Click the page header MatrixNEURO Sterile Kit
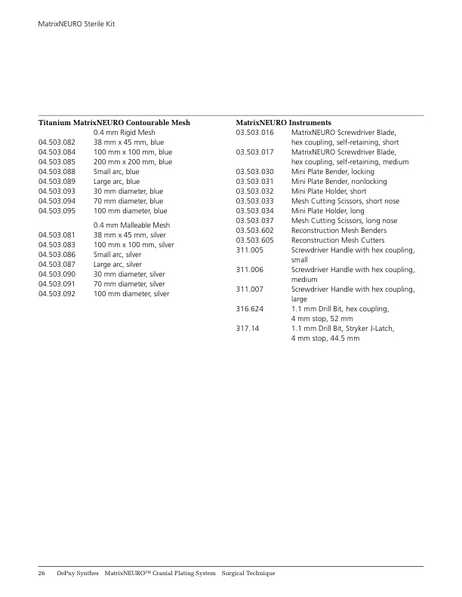(76, 25)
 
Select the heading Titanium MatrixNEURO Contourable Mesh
(114, 122)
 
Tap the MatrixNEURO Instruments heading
(283, 122)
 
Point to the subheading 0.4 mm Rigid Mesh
(124, 132)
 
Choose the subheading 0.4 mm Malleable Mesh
(131, 225)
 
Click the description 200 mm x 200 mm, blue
(132, 161)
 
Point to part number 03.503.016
(254, 132)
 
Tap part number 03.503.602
(254, 230)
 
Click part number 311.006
(249, 269)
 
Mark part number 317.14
(248, 328)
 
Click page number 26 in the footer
(42, 574)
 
